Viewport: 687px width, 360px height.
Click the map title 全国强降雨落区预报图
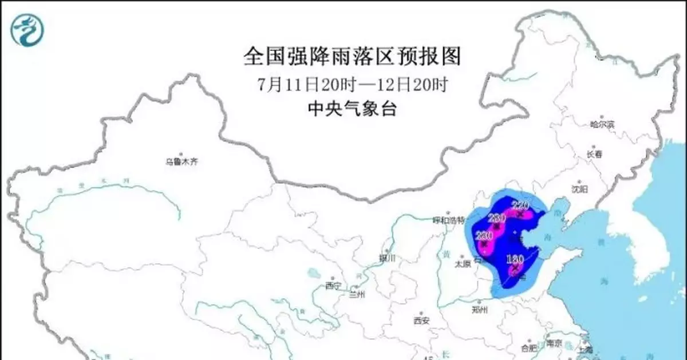click(352, 56)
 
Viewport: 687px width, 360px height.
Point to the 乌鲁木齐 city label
click(181, 162)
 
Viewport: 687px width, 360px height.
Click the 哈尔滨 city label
click(602, 124)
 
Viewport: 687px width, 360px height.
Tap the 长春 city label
click(595, 155)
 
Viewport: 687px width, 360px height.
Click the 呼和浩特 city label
click(448, 219)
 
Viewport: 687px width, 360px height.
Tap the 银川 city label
click(387, 258)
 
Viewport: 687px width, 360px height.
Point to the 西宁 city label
click(333, 285)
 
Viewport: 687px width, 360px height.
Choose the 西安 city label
click(421, 321)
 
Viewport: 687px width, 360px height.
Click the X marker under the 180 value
click(516, 268)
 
